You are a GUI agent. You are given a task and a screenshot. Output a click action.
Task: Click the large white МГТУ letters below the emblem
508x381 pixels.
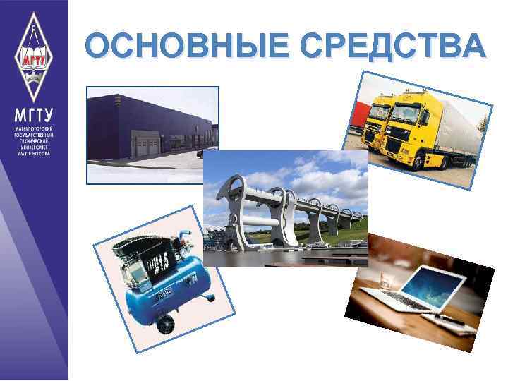(33, 116)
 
